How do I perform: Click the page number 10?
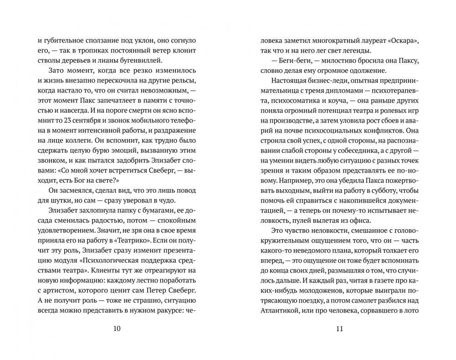[117, 329]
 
